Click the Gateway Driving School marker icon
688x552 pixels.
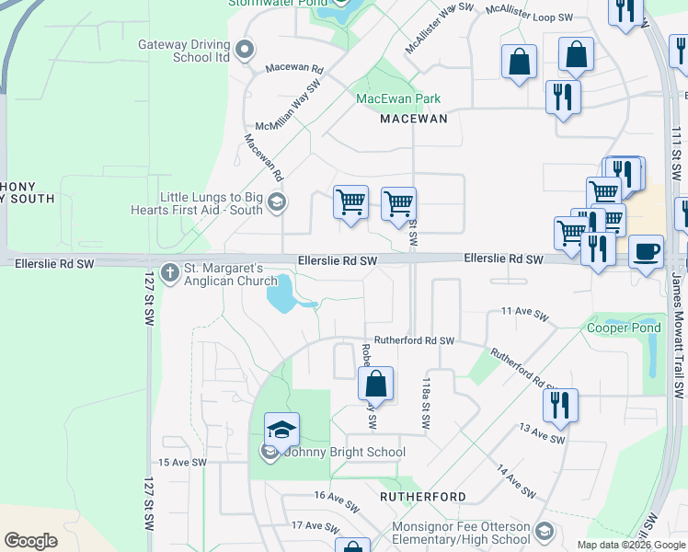tap(245, 50)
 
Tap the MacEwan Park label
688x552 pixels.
tap(398, 98)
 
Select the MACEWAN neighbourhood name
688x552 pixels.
tap(414, 119)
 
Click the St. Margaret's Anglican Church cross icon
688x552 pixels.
tap(169, 272)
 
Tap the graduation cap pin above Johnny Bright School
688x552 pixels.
tap(281, 430)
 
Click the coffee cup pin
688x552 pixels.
tap(646, 250)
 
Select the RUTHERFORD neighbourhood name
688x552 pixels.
tap(424, 496)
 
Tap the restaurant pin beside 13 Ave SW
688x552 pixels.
tap(560, 403)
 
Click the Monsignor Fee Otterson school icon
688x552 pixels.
tap(545, 531)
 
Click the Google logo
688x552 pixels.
tap(30, 541)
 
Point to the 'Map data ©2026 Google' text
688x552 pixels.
tap(631, 545)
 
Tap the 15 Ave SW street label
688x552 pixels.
tap(182, 463)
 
